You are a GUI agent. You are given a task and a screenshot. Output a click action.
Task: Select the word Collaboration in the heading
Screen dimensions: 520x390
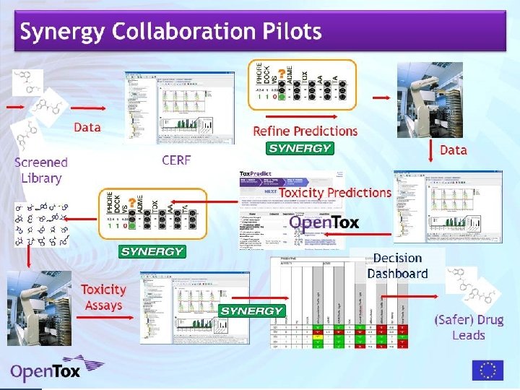tap(181, 32)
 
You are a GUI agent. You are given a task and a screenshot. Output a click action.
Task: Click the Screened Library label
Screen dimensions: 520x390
tap(41, 170)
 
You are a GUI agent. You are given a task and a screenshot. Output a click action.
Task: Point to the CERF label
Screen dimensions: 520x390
tap(176, 160)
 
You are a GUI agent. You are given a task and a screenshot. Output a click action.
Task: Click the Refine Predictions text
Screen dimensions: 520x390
tap(305, 131)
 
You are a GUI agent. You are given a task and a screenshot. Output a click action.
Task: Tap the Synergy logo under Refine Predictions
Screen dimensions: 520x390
tap(299, 149)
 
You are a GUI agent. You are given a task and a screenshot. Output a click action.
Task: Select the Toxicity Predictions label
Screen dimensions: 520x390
tap(334, 193)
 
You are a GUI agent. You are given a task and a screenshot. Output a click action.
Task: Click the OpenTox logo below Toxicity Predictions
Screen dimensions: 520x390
tap(324, 222)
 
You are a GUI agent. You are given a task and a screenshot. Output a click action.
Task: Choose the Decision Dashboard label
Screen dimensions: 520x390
tap(397, 266)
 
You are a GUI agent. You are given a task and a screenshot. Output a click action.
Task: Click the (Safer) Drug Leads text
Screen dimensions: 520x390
tap(468, 327)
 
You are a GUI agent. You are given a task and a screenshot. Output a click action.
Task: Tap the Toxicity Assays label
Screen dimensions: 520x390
tap(103, 297)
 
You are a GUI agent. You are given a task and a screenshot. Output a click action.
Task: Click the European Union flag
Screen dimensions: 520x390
tap(487, 370)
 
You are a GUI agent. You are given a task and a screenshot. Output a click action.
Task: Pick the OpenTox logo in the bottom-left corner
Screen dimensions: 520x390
tap(45, 371)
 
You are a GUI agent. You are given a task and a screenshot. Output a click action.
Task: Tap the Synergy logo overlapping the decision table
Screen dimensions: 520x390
tap(251, 311)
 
